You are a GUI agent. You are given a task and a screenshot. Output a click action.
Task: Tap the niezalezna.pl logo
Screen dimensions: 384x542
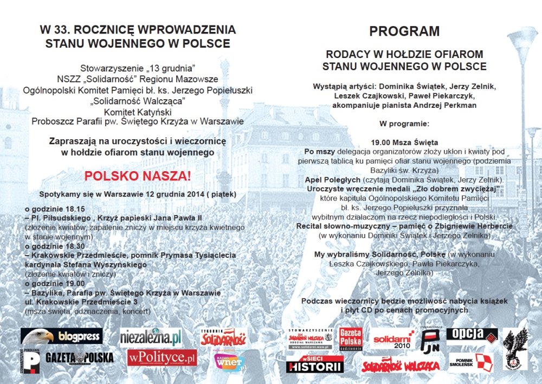click(151, 337)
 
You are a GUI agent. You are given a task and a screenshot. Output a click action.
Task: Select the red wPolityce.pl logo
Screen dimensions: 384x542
click(162, 357)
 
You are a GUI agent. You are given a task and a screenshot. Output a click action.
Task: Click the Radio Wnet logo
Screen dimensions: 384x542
click(230, 362)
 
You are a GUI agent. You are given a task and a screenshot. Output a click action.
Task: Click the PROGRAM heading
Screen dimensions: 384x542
click(404, 31)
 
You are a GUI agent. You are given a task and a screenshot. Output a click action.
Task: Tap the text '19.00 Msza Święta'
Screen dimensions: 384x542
click(404, 142)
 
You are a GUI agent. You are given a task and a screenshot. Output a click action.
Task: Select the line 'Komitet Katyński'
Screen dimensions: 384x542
click(137, 112)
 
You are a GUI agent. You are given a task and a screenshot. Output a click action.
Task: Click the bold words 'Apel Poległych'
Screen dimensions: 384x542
click(330, 179)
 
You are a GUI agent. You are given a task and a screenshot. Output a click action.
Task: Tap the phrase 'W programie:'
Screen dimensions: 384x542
click(404, 123)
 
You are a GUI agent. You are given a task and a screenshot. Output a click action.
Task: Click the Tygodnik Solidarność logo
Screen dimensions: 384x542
click(223, 337)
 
